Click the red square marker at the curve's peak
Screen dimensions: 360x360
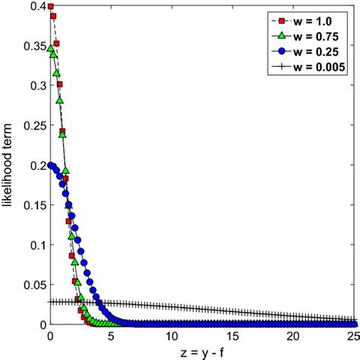(50, 7)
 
